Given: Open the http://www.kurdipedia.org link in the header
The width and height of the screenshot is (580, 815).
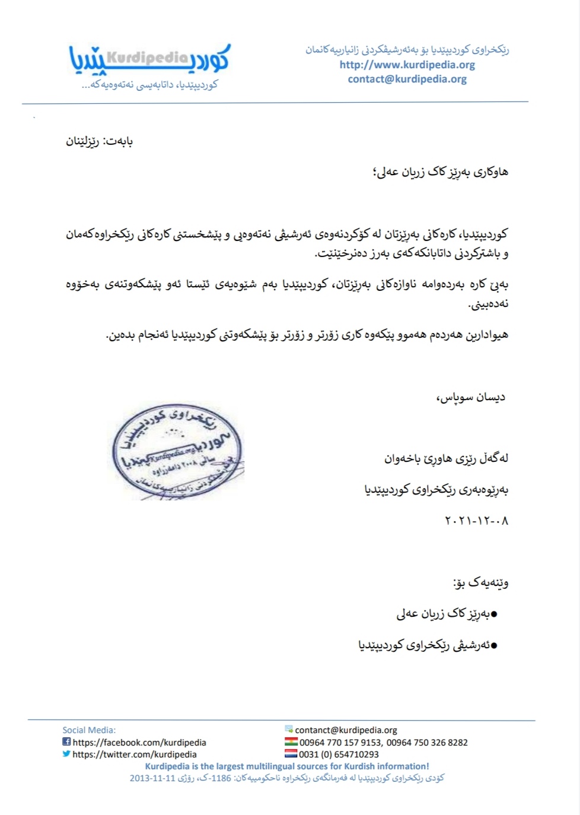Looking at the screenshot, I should click(407, 65).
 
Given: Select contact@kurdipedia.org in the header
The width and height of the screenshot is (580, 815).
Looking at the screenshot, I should click(407, 79).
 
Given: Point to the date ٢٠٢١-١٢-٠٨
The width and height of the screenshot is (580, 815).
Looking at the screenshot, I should click(476, 521).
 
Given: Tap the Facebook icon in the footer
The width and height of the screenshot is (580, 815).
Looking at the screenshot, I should click(66, 742).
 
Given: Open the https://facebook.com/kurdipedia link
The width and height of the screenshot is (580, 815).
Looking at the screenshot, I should click(139, 743).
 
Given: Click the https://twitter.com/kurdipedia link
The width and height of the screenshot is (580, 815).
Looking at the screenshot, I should click(135, 754).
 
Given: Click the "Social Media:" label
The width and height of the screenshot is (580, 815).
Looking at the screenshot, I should click(89, 730).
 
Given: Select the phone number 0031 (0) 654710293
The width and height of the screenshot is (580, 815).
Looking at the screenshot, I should click(339, 754).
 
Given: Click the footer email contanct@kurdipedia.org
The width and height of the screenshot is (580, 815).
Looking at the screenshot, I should click(346, 730).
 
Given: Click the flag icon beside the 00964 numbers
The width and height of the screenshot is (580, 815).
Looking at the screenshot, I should click(291, 742).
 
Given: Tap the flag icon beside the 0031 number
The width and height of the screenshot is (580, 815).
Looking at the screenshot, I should click(291, 754).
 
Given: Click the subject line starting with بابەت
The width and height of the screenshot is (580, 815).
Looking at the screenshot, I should click(99, 142).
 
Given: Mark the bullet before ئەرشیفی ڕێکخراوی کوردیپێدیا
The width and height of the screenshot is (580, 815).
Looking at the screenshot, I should click(493, 645).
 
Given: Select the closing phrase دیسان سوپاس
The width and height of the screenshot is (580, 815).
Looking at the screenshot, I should click(471, 397).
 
